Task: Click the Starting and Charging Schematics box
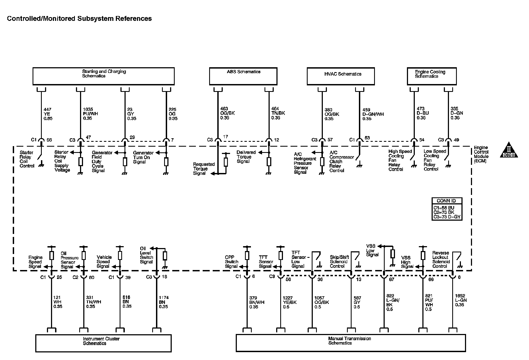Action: pos(103,76)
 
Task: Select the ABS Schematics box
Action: pos(243,76)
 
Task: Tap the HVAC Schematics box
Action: pos(340,76)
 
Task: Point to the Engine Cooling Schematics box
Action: pos(432,76)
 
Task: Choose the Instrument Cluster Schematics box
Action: pos(103,343)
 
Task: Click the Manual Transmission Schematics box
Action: pos(350,343)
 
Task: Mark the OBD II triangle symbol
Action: pos(509,150)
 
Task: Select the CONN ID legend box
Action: pos(447,209)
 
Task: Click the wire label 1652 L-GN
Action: pos(461,300)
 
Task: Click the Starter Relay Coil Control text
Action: pos(27,159)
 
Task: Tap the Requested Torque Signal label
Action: pos(204,169)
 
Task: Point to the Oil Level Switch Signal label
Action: pos(146,255)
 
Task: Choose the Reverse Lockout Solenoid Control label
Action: pos(441,259)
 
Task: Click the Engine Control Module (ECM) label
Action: pos(481,154)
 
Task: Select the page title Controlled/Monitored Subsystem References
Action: pos(79,18)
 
